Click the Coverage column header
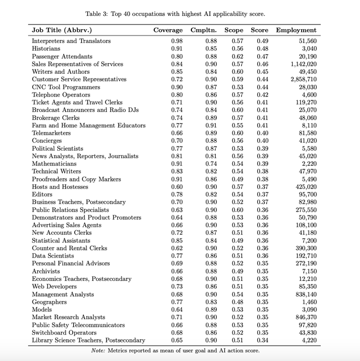(168, 30)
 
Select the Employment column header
(296, 30)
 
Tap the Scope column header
(234, 30)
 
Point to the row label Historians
(47, 49)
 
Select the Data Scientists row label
(54, 256)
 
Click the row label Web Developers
(54, 287)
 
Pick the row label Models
(42, 310)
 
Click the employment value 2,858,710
(300, 80)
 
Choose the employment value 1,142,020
(300, 64)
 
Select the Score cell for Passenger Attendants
(262, 56)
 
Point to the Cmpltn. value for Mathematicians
(211, 164)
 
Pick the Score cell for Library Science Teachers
(262, 340)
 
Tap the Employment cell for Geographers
(307, 302)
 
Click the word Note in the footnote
(98, 350)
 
